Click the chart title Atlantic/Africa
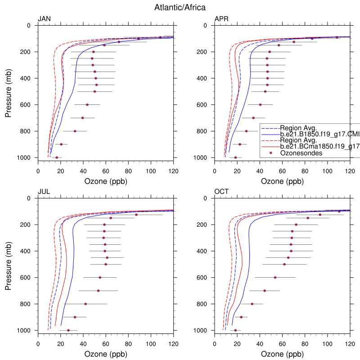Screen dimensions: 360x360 pyautogui.click(x=180, y=7)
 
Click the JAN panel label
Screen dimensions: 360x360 pyautogui.click(x=44, y=18)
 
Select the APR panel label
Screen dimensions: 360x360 pyautogui.click(x=221, y=18)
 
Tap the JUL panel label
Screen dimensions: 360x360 pyautogui.click(x=44, y=191)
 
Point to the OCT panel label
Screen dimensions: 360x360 pyautogui.click(x=221, y=191)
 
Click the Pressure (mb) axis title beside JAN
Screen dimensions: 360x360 pyautogui.click(x=9, y=91)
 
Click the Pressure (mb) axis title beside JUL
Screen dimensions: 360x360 pyautogui.click(x=9, y=264)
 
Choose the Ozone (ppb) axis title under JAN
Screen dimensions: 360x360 pyautogui.click(x=105, y=182)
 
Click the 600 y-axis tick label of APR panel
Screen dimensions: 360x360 pyautogui.click(x=202, y=105)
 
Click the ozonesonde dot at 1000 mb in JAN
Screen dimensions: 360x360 pyautogui.click(x=57, y=157)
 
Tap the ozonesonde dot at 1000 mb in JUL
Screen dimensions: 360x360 pyautogui.click(x=68, y=330)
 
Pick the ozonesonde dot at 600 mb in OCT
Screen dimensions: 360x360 pyautogui.click(x=275, y=277)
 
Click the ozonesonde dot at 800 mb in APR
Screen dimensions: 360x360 pyautogui.click(x=246, y=131)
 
